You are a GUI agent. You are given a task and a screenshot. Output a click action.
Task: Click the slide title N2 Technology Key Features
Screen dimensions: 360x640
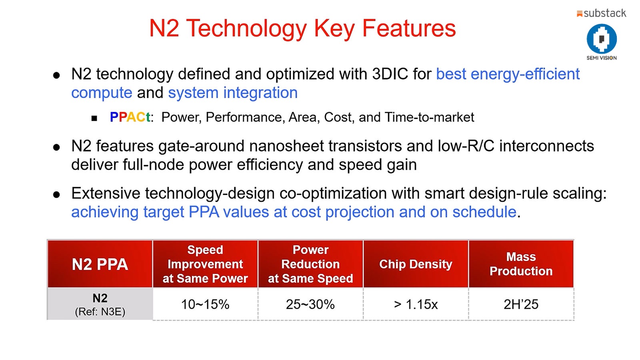tap(302, 28)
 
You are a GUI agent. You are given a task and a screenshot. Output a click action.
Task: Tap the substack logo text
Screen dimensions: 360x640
tap(604, 13)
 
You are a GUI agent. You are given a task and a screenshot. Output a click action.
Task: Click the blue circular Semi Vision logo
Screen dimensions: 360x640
tap(602, 39)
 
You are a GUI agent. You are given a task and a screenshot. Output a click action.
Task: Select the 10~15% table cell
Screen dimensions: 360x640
tap(205, 304)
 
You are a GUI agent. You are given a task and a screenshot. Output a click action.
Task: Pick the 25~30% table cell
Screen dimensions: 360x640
tap(310, 304)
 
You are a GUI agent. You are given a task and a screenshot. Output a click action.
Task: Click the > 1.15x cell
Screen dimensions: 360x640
tap(416, 304)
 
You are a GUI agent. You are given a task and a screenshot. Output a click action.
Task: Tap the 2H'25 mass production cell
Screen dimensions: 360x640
tap(521, 304)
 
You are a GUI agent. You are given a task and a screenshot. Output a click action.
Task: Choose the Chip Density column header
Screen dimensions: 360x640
tap(416, 264)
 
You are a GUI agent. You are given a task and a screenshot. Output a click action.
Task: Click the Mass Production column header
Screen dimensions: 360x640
tap(521, 264)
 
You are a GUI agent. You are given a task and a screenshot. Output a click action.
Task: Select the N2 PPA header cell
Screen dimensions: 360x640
tap(100, 264)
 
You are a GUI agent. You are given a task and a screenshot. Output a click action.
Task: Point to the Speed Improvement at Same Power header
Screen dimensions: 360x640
tap(205, 264)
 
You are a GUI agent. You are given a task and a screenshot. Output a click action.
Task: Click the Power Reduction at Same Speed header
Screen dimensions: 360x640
tap(310, 264)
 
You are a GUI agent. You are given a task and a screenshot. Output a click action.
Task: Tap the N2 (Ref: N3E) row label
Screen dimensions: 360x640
tap(100, 304)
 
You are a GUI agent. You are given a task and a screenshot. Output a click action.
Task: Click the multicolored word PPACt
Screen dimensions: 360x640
tap(130, 117)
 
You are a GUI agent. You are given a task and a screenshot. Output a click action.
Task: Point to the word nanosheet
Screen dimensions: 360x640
tap(286, 146)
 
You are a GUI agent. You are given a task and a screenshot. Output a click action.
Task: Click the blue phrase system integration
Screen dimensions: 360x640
tap(233, 93)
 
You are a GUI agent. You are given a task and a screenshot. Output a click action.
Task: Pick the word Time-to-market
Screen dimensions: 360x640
tap(429, 117)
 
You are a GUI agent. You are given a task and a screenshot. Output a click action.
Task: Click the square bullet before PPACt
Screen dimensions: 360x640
tap(94, 118)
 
